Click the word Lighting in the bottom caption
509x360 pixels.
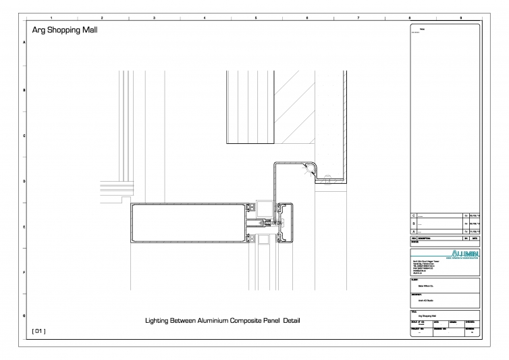[157, 320]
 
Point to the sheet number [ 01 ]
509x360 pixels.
[38, 331]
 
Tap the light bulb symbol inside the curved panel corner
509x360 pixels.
[309, 170]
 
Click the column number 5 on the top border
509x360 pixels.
[256, 15]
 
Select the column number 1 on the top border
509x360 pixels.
[51, 15]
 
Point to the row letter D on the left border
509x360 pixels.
[25, 182]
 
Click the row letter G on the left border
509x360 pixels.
[25, 316]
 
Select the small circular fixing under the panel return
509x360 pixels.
[327, 179]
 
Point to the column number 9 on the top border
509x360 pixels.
[460, 15]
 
